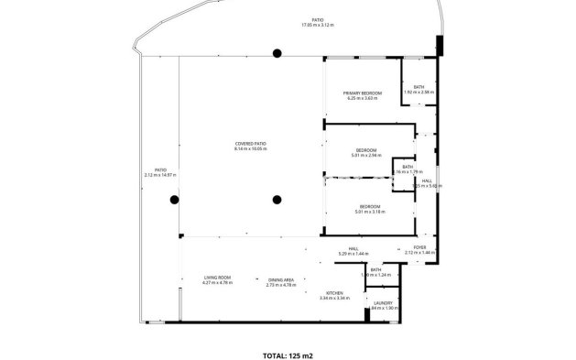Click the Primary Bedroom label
362,93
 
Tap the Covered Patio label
250,143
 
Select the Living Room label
217,278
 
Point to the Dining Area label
280,279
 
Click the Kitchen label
334,293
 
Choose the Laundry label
383,303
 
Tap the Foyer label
419,247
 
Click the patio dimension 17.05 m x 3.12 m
318,26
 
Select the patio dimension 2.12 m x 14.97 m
159,174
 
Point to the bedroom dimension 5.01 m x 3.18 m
370,212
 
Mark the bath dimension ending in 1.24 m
375,275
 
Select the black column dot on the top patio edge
276,54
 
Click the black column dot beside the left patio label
174,199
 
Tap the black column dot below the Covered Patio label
276,199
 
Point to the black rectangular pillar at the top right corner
440,44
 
